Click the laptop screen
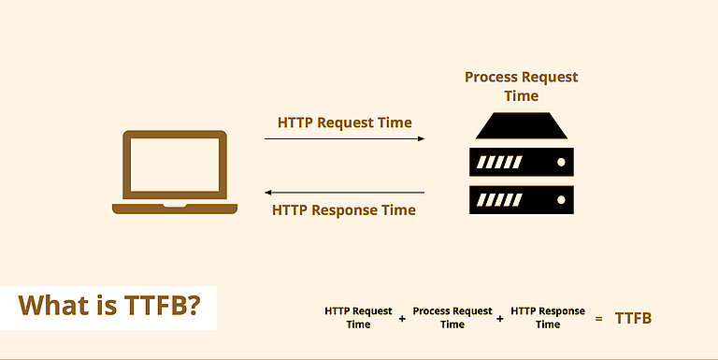(175, 165)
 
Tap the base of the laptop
(175, 209)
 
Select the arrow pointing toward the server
(344, 138)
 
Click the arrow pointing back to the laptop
(344, 193)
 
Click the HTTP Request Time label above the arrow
(344, 122)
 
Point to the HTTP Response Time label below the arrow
(344, 210)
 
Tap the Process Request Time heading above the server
(521, 86)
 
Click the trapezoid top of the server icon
(521, 125)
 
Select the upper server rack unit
(521, 162)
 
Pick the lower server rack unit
(521, 200)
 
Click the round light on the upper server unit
(561, 162)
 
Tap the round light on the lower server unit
(561, 200)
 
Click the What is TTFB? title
(109, 306)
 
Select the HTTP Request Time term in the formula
(358, 317)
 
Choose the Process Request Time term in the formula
(452, 317)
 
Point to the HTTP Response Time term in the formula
(548, 317)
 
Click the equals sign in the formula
(598, 318)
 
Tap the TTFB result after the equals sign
(633, 318)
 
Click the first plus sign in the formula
(402, 318)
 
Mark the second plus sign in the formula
(500, 318)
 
